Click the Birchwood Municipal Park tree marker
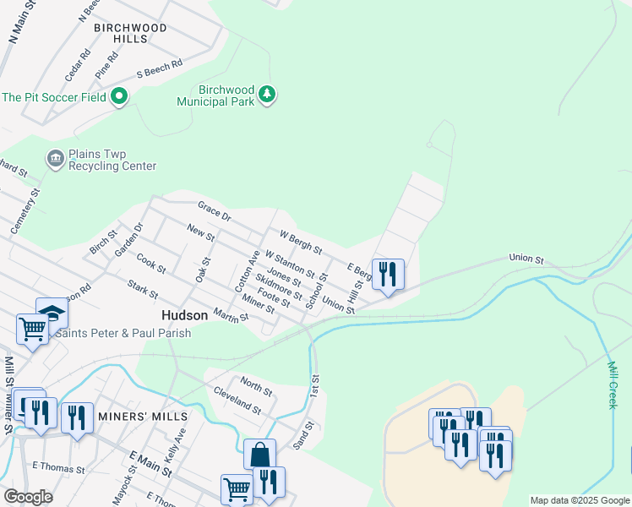(x=268, y=93)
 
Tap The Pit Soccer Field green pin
(x=119, y=97)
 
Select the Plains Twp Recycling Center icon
(x=56, y=159)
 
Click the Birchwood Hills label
(x=130, y=33)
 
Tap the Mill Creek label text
(x=613, y=385)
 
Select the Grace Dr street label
(x=214, y=210)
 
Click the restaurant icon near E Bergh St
(x=388, y=274)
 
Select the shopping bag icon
(x=259, y=454)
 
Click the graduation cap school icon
(x=52, y=313)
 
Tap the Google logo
(x=28, y=497)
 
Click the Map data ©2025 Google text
(x=579, y=500)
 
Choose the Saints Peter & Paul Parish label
(x=123, y=333)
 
